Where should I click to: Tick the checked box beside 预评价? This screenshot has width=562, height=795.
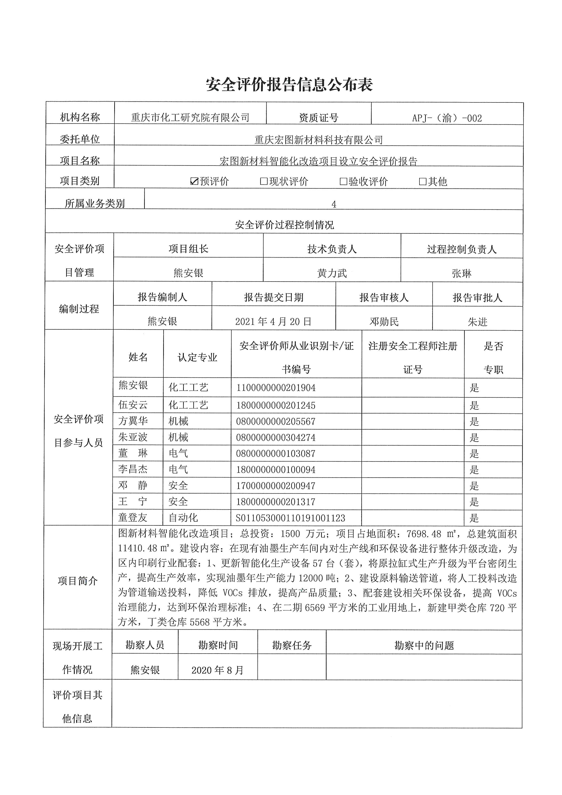pos(194,181)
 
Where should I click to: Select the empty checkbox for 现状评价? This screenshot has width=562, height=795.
pos(264,181)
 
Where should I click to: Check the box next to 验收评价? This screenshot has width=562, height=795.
pos(343,181)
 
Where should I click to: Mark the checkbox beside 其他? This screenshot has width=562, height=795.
pos(423,181)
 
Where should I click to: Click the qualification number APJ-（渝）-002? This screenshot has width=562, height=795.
pos(447,118)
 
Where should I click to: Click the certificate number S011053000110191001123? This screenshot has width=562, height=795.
pos(291,518)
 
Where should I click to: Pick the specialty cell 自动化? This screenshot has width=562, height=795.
pos(183,518)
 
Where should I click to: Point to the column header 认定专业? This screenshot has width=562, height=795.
pos(197,357)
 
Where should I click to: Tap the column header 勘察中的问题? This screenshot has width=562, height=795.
pos(424,645)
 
